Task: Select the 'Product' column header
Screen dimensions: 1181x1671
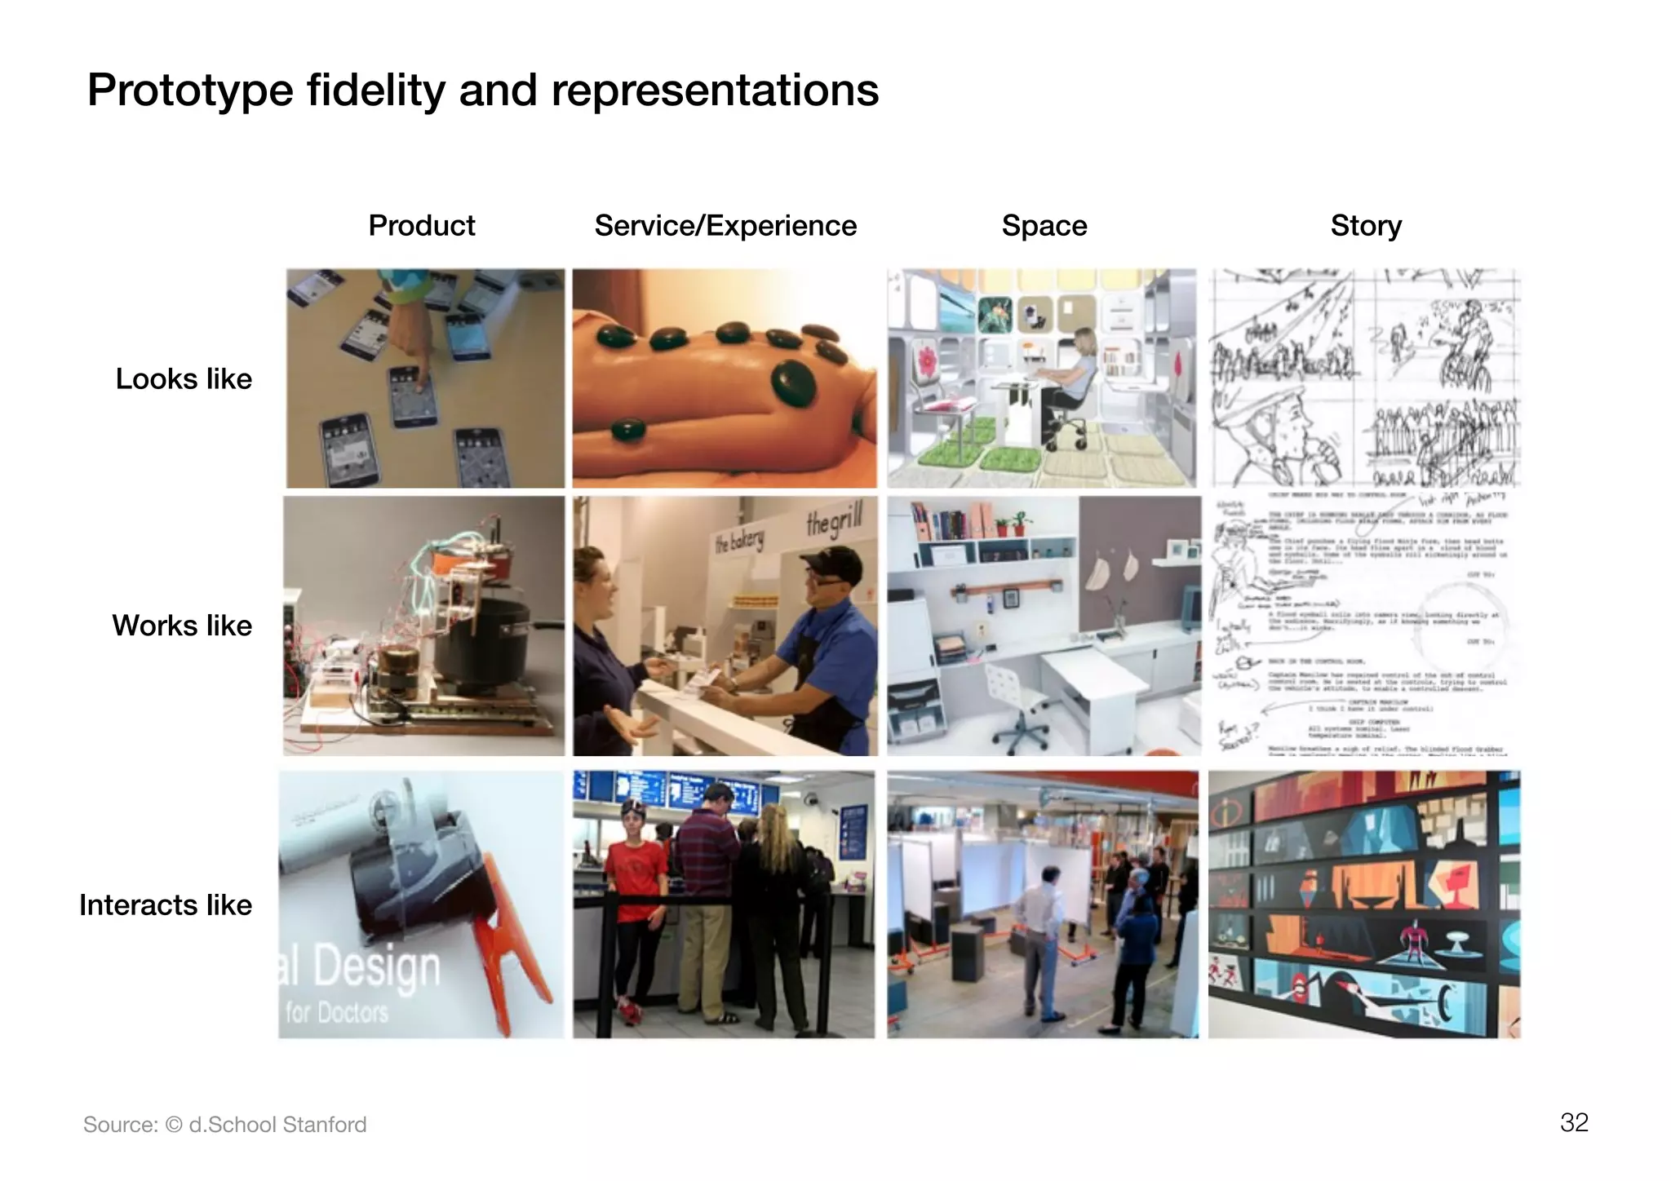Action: [x=421, y=226]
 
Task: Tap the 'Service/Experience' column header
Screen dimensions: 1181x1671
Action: [x=725, y=226]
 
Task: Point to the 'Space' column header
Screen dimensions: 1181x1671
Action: [x=1044, y=226]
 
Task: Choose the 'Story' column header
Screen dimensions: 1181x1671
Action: [x=1366, y=226]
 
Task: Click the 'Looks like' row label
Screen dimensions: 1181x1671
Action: [x=184, y=379]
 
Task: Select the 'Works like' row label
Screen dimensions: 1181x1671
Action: [x=182, y=626]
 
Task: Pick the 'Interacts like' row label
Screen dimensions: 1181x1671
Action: [x=166, y=905]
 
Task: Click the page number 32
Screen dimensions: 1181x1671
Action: [x=1574, y=1122]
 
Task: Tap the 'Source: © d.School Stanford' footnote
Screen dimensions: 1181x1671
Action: [x=225, y=1125]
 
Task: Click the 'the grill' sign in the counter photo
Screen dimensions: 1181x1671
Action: [x=833, y=522]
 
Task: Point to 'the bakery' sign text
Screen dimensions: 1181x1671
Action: [x=739, y=540]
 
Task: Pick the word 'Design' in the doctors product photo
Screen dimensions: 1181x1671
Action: [x=375, y=966]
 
